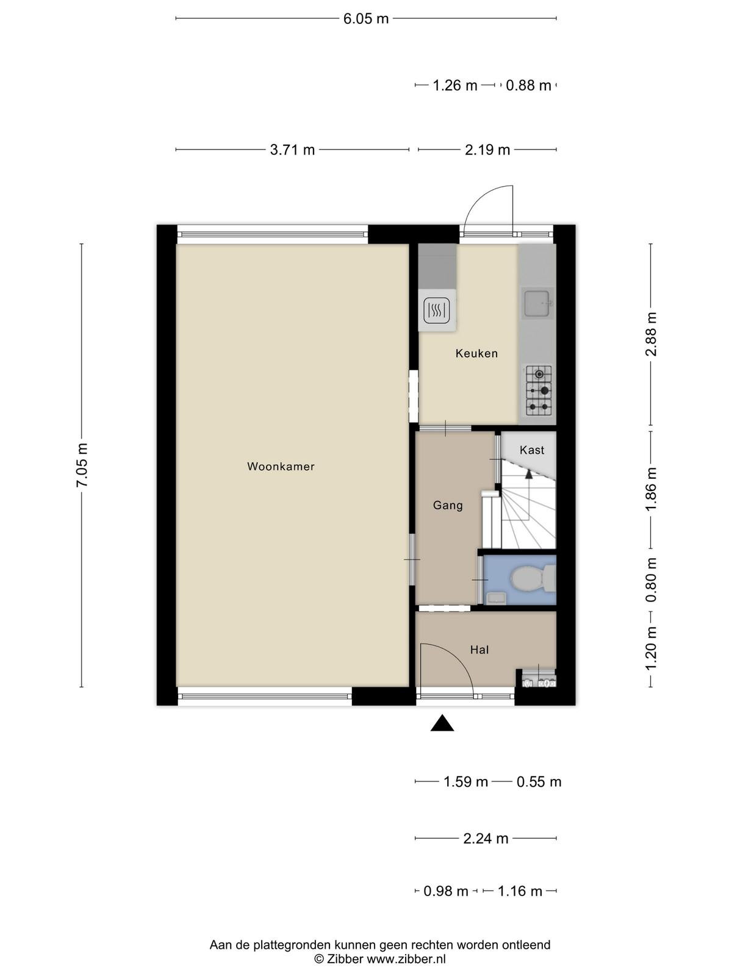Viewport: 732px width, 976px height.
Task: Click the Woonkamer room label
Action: (281, 467)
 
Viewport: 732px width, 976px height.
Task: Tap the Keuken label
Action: (476, 353)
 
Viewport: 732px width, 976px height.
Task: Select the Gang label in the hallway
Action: (448, 506)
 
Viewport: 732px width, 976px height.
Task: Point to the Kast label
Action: (532, 450)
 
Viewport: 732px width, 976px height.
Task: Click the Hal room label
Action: (479, 650)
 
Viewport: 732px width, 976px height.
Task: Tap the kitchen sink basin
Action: (538, 303)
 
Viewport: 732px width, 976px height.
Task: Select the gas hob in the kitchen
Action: (539, 390)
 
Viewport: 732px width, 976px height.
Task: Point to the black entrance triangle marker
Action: (442, 723)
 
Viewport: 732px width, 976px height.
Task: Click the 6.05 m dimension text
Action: (366, 19)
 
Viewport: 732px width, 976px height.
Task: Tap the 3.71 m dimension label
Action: (292, 150)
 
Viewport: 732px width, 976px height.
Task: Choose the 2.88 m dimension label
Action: (651, 334)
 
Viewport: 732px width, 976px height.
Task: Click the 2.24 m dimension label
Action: (486, 839)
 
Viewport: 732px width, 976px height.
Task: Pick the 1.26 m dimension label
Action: (455, 85)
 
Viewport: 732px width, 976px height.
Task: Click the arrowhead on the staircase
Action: (528, 474)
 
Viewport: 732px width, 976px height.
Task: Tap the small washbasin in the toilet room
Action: (495, 598)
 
